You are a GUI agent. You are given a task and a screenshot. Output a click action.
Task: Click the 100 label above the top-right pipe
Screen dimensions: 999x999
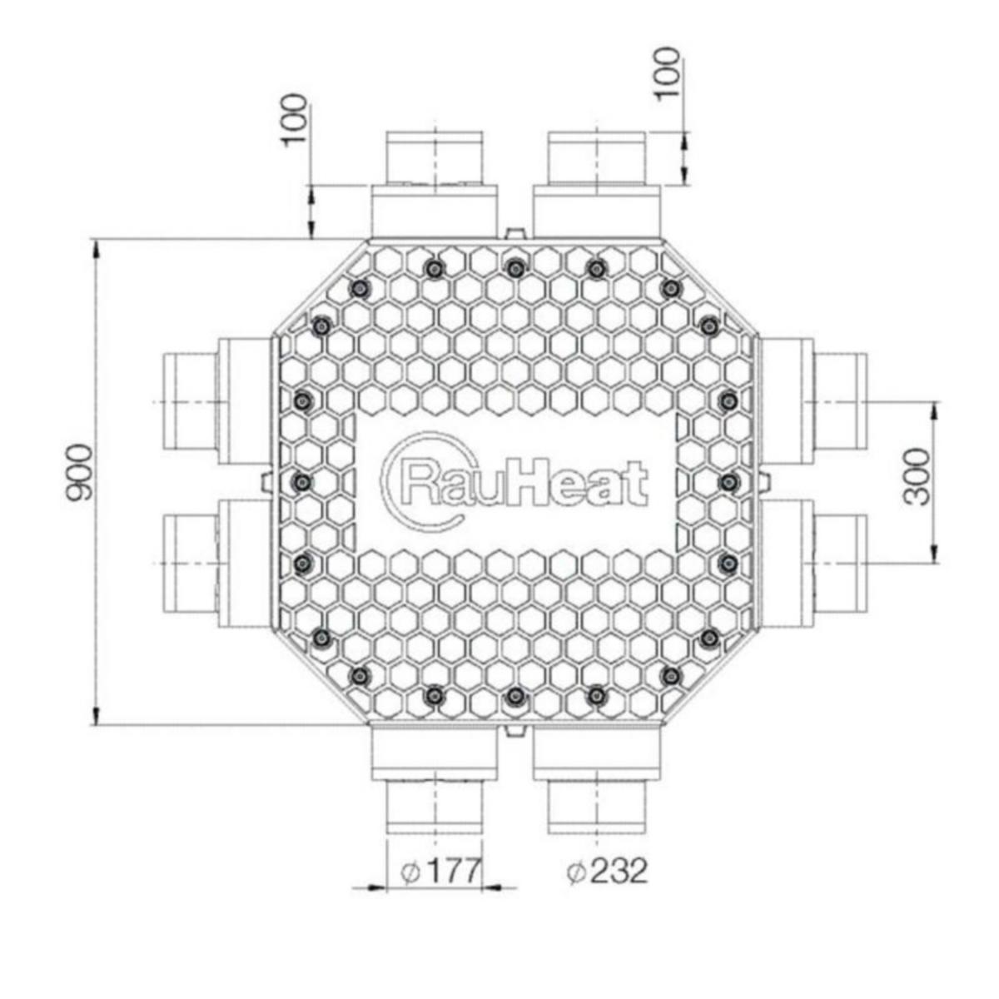(x=667, y=75)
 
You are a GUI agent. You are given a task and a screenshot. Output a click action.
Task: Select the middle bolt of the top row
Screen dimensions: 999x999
(x=514, y=268)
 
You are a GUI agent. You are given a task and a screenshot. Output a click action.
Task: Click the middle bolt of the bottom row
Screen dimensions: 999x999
(x=514, y=696)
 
